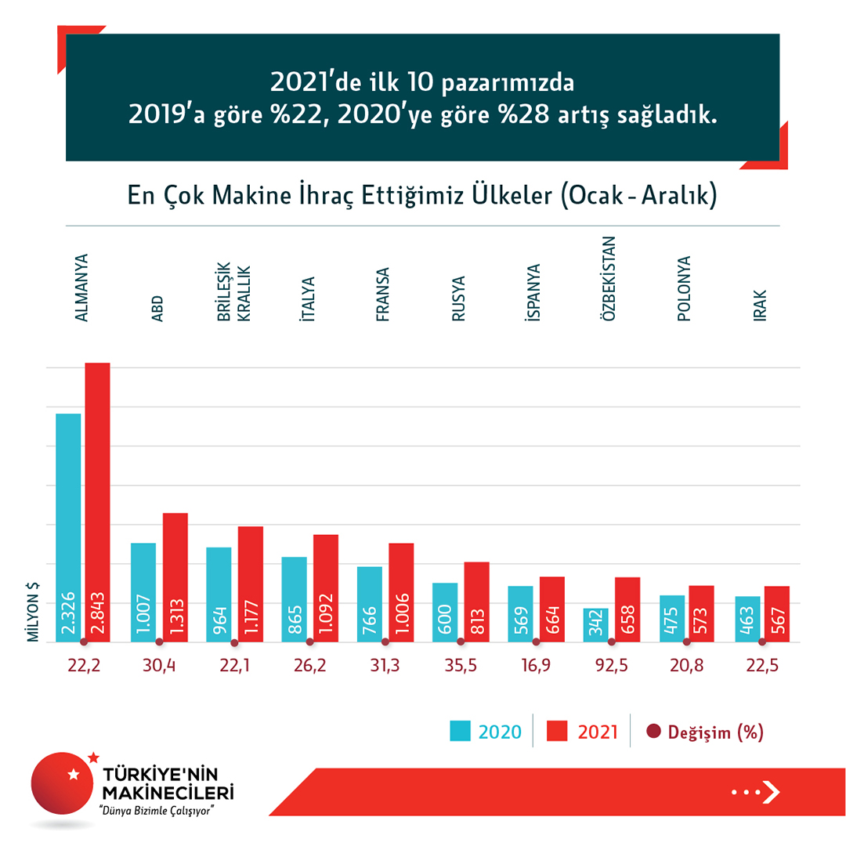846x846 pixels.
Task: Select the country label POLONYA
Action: (685, 290)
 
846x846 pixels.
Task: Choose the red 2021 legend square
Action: (557, 732)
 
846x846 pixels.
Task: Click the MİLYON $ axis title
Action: (34, 612)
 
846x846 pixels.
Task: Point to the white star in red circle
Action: (74, 775)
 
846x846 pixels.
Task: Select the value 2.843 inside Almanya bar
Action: (97, 613)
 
